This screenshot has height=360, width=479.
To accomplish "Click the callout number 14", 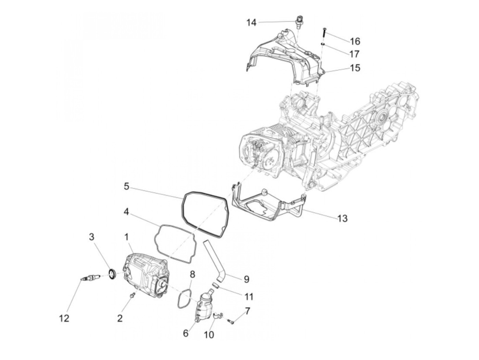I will pos(251,23).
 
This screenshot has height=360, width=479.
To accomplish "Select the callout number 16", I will pos(355,41).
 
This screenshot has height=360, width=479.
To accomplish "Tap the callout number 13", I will pos(342,218).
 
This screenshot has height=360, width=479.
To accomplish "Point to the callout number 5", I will pos(126,187).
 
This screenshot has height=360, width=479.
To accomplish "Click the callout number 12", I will pos(64,318).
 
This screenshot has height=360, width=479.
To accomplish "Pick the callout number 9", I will pos(246,279).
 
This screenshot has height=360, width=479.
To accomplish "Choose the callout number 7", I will pos(247,311).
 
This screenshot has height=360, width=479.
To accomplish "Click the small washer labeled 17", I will pos(323,44).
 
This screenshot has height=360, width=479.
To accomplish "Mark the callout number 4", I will pos(126,212).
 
